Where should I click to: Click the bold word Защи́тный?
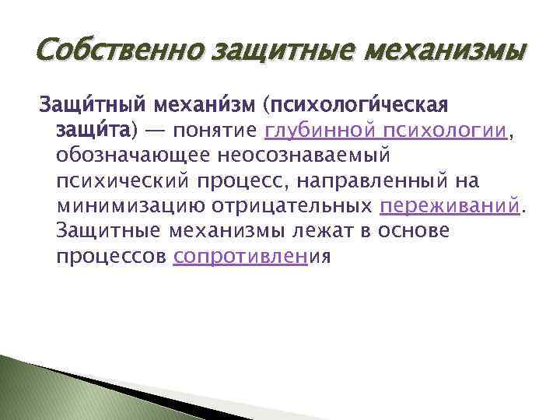93,105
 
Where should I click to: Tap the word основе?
411,232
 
